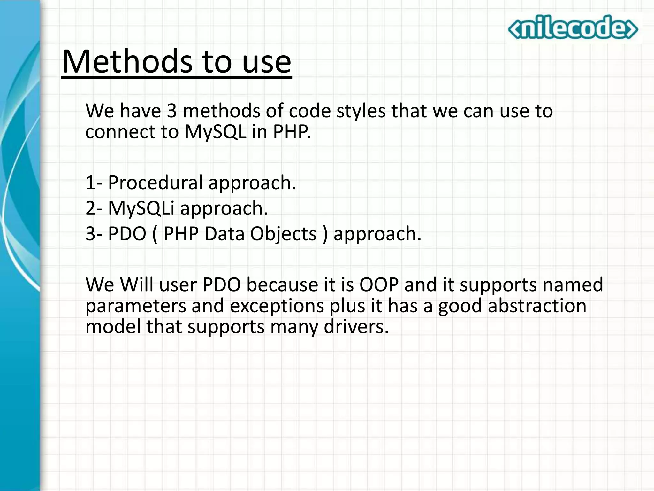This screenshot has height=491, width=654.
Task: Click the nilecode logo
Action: click(573, 28)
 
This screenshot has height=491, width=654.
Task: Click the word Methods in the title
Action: click(127, 62)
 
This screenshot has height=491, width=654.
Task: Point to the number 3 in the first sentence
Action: click(171, 111)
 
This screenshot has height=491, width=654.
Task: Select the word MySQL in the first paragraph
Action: click(216, 132)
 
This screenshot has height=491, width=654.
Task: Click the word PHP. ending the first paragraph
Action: click(292, 132)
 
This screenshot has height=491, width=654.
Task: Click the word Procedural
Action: click(155, 183)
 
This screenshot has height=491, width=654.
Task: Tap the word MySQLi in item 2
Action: click(141, 208)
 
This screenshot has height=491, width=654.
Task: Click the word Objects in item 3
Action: click(283, 234)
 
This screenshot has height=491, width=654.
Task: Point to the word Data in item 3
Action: click(224, 234)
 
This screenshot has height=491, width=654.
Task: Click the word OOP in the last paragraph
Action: click(379, 284)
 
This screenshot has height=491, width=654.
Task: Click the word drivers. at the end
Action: click(356, 327)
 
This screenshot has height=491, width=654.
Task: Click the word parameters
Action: click(136, 306)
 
